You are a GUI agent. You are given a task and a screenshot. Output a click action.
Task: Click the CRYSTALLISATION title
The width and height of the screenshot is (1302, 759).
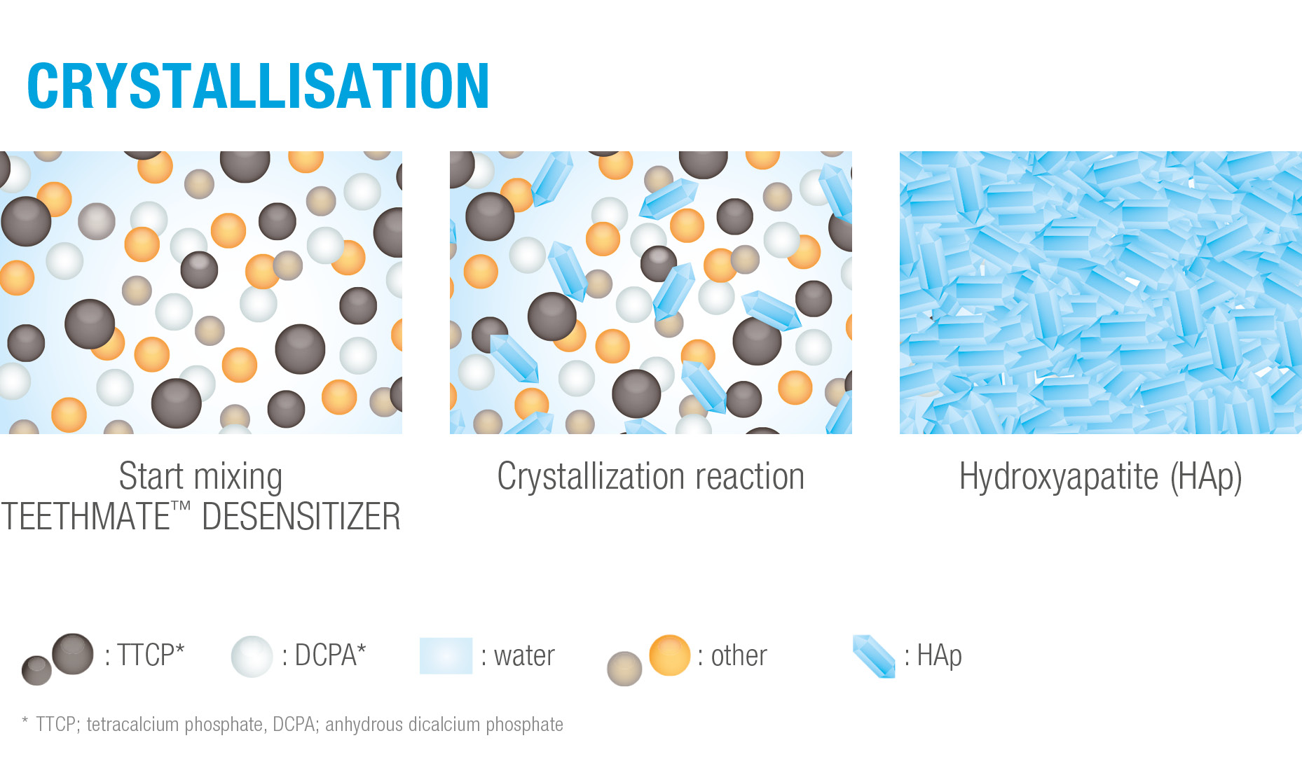click(x=258, y=86)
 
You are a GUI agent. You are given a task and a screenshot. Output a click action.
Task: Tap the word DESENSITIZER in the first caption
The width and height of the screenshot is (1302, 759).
click(x=301, y=517)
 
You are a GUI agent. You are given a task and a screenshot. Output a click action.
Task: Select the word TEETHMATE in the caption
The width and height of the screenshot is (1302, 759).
click(x=85, y=517)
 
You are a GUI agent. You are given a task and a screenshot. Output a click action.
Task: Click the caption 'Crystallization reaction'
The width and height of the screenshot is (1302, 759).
click(x=650, y=477)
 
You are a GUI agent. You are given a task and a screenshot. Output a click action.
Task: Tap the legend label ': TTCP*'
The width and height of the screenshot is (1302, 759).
click(x=144, y=655)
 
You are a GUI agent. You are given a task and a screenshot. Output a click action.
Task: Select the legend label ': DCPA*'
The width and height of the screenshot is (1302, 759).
click(x=324, y=655)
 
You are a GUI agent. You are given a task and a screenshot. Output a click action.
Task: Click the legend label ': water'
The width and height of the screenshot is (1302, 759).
click(x=518, y=656)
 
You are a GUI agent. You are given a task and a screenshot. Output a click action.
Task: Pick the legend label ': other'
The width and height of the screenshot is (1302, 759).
click(x=732, y=656)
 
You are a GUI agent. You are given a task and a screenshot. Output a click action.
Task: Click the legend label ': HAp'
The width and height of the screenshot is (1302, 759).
click(x=933, y=656)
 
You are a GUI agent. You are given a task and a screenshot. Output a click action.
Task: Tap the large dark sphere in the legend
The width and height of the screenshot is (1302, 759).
click(x=72, y=654)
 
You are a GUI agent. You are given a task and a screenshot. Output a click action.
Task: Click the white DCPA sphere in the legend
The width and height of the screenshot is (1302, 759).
click(x=252, y=656)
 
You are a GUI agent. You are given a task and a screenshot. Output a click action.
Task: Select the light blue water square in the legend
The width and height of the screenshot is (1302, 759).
click(x=446, y=655)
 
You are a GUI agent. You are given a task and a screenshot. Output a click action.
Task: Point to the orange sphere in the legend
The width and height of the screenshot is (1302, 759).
click(x=670, y=655)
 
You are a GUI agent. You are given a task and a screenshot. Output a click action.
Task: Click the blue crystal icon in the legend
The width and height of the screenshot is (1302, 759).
click(x=874, y=656)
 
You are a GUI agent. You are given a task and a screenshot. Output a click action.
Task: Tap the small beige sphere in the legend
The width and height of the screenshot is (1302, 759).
click(x=624, y=669)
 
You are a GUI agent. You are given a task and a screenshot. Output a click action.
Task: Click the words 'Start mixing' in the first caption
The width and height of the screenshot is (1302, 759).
click(x=200, y=477)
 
